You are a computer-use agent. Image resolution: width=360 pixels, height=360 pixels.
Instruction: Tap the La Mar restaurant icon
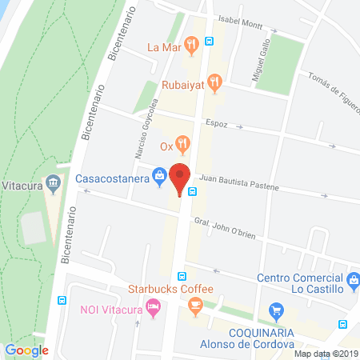point(191,45)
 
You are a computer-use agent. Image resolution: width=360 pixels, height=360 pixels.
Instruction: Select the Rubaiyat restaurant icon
point(214,81)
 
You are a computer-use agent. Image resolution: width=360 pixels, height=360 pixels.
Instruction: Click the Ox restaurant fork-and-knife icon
point(184,146)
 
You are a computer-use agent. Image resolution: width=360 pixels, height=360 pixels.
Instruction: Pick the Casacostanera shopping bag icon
point(160,175)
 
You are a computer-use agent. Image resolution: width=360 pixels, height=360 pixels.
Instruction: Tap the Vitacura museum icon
point(54,183)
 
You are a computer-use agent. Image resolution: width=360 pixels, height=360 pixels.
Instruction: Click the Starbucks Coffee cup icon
point(194,304)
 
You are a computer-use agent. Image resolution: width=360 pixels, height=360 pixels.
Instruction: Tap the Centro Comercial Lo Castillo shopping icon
point(352,279)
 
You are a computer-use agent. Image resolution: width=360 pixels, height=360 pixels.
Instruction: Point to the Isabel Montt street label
point(235,23)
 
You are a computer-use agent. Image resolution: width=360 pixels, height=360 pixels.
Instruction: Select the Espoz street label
point(240,124)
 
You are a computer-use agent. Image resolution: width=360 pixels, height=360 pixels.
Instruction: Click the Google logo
point(27,350)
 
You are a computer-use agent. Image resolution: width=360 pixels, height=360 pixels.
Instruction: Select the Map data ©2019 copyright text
point(326,354)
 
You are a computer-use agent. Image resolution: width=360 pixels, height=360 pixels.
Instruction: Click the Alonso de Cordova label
point(246,343)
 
